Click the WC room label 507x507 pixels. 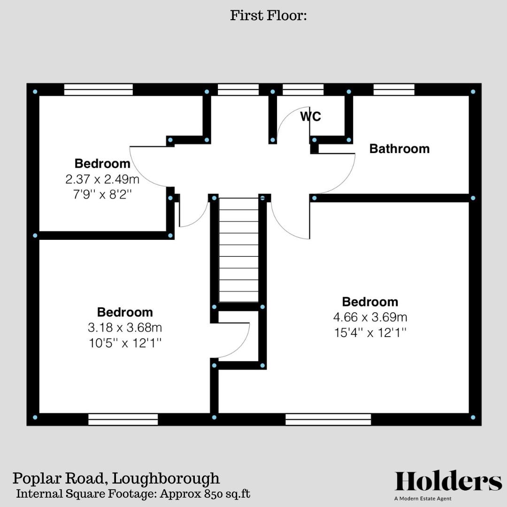(311, 116)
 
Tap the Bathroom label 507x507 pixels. (399, 149)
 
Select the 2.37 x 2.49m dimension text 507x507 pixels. (103, 179)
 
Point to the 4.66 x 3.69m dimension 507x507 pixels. (370, 317)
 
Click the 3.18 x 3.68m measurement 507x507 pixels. (125, 327)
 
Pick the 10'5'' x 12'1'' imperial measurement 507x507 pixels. (125, 343)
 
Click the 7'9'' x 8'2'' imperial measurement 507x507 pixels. (103, 194)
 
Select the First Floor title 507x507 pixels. (268, 15)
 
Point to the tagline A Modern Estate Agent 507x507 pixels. (423, 499)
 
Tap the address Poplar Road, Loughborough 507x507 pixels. (116, 478)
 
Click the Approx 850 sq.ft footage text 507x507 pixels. (205, 494)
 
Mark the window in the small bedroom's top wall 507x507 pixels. (98, 89)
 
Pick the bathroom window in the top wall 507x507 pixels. (394, 89)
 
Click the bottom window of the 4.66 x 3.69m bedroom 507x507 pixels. (328, 419)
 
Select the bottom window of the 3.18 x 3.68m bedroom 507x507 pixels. (123, 419)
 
